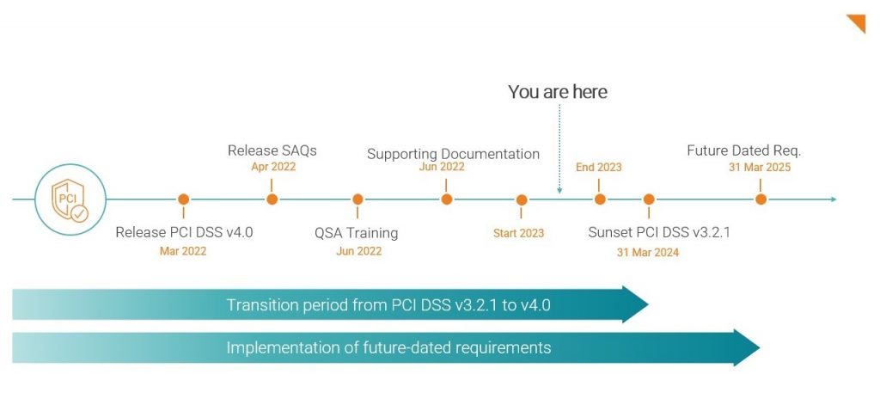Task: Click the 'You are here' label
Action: pyautogui.click(x=557, y=92)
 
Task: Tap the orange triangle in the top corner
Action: pyautogui.click(x=857, y=22)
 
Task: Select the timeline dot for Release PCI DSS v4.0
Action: pyautogui.click(x=183, y=199)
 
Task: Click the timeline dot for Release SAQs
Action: pyautogui.click(x=272, y=199)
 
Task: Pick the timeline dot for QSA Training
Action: pyautogui.click(x=358, y=199)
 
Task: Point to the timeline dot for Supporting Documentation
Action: pyautogui.click(x=447, y=199)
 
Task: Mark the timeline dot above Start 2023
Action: pyautogui.click(x=522, y=199)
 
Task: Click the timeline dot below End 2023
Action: pyautogui.click(x=600, y=199)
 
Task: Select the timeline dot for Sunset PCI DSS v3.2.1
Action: pyautogui.click(x=648, y=199)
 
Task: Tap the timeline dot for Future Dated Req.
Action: pyautogui.click(x=761, y=199)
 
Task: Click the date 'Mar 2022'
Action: pyautogui.click(x=183, y=251)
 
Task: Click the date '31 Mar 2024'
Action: pyautogui.click(x=647, y=252)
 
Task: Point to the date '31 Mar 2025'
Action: pyautogui.click(x=760, y=168)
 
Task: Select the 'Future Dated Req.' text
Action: pyautogui.click(x=743, y=150)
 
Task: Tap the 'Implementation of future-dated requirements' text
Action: pyautogui.click(x=388, y=348)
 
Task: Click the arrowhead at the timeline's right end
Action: pyautogui.click(x=832, y=199)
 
